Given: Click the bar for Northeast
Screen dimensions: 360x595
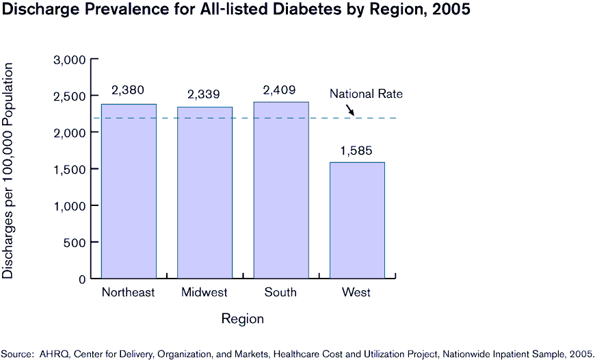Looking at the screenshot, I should point(129,191).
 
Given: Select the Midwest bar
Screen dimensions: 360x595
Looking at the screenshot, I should point(204,192).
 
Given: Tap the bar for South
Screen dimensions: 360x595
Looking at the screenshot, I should point(281,190).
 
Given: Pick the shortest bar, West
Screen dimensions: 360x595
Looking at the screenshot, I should point(357,220).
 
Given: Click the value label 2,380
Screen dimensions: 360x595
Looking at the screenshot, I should point(128,90).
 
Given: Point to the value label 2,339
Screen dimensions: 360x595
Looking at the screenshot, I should point(204,94).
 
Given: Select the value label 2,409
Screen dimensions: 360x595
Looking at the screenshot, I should point(280,89).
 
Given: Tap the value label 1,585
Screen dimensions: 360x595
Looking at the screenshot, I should point(357,149).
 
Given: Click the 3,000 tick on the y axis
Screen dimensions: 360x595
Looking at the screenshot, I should point(69,60).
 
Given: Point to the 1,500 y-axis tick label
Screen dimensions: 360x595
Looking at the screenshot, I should point(69,169).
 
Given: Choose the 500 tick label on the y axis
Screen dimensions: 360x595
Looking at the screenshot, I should point(75,242).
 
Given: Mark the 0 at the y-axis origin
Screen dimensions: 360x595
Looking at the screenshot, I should point(82,279).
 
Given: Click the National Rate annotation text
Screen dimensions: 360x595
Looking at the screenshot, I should point(366,94).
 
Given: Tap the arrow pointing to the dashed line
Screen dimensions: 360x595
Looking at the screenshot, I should point(349,110).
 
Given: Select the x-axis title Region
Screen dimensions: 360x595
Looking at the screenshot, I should point(242,319).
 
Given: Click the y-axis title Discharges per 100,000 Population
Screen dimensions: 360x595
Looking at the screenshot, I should point(8,170).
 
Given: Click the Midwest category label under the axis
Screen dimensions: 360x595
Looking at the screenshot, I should point(204,292).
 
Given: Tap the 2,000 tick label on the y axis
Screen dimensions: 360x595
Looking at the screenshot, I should point(69,133).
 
